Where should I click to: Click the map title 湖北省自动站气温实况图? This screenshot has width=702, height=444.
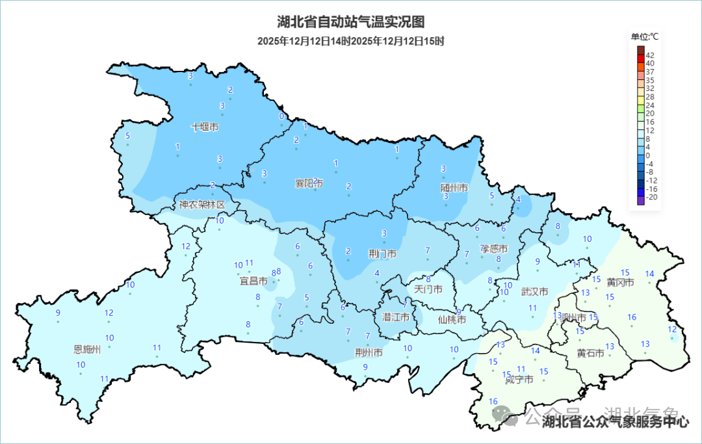point(350,22)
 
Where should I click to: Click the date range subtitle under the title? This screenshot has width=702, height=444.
point(350,42)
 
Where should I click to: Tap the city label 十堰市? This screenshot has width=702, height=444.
point(205,127)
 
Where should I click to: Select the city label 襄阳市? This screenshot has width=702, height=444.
point(309,184)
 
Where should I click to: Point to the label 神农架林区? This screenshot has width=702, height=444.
point(202,205)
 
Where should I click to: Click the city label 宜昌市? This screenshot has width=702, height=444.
point(253,281)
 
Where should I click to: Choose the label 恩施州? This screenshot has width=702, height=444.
point(88,350)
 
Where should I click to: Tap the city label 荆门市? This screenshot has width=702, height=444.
point(382,254)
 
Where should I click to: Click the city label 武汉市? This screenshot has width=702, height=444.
point(535,292)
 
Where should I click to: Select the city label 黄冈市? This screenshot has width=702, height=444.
point(620,282)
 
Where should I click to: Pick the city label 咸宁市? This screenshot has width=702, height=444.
point(519,379)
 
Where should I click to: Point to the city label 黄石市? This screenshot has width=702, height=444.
point(590,353)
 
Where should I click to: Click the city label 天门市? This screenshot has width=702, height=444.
point(428,289)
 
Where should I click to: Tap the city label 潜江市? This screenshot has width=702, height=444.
point(396,317)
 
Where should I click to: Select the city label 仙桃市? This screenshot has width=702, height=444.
point(452,319)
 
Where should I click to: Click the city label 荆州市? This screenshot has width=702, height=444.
point(369,353)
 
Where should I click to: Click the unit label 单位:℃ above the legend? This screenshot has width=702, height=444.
point(645,36)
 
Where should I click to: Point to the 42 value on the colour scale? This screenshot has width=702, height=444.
point(650,55)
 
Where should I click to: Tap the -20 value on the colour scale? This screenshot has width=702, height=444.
point(651,196)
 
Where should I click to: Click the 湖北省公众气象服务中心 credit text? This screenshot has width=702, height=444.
point(615,423)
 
